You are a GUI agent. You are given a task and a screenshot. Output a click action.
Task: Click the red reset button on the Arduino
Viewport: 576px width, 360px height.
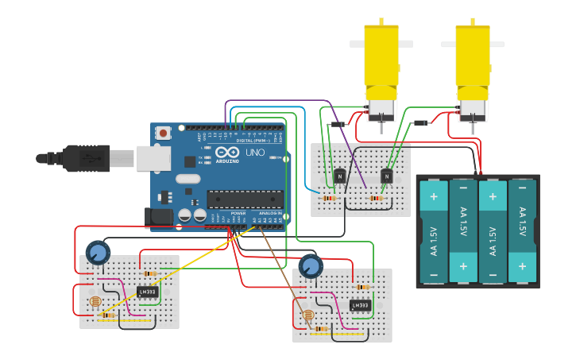pos(163,133)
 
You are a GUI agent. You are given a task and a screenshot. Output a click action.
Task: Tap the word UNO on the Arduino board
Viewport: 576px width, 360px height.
pos(255,152)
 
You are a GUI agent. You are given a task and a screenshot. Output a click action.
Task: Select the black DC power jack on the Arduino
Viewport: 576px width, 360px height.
pos(158,215)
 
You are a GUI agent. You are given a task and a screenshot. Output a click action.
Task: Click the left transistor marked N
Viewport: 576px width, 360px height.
pos(340,176)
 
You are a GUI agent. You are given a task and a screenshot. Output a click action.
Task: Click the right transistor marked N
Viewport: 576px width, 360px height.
pos(387,176)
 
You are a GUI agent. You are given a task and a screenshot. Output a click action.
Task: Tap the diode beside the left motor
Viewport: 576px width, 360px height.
pos(339,124)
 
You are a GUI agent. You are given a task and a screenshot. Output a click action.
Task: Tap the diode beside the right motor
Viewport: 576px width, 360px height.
pos(421,122)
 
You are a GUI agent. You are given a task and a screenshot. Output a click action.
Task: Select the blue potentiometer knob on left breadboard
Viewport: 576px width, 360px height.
pos(97,254)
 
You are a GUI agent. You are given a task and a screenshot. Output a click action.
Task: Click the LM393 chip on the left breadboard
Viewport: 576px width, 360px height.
pos(148,292)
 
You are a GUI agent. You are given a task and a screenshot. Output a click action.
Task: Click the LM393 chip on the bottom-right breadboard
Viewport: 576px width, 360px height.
pos(360,305)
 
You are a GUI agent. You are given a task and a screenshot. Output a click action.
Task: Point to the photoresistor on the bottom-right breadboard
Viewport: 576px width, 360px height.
pos(308,315)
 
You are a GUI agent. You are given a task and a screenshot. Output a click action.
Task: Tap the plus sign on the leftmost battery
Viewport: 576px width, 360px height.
pos(434,195)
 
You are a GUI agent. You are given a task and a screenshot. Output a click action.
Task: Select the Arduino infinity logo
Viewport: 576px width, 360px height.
pos(226,153)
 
